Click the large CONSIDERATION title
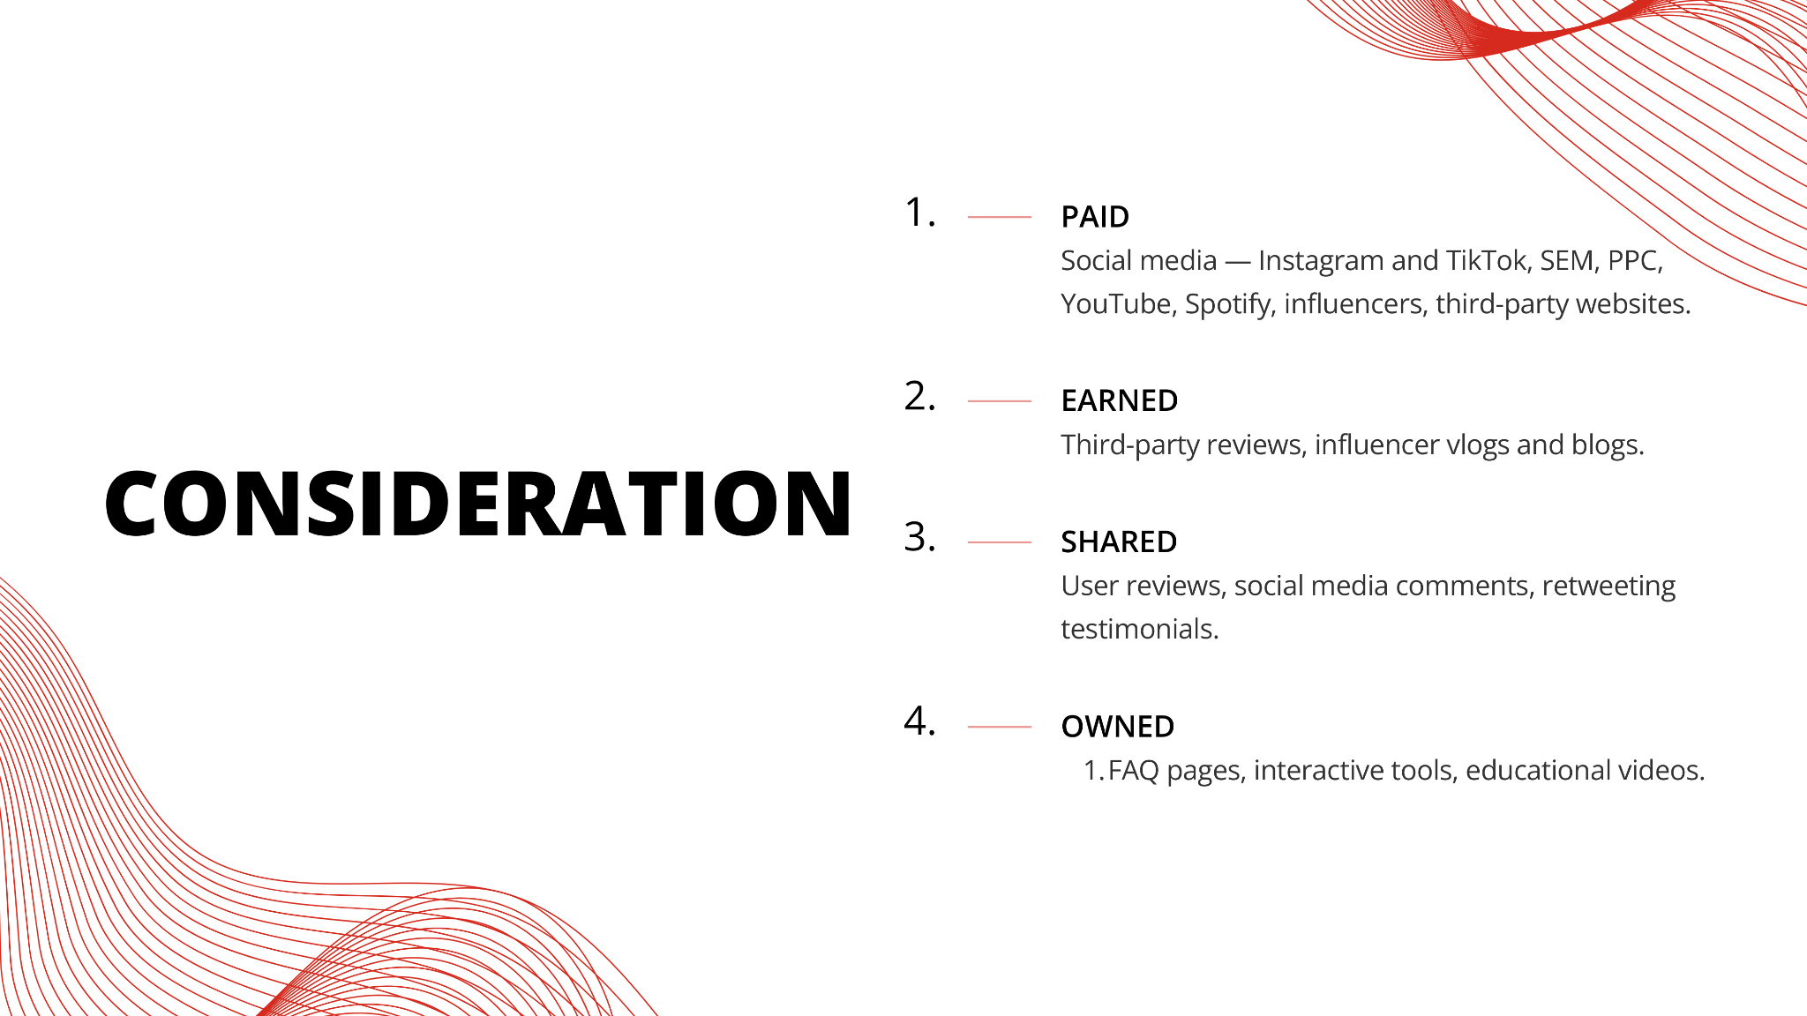tap(478, 503)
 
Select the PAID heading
tap(1095, 217)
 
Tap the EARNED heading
tap(1119, 401)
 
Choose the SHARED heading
tap(1119, 542)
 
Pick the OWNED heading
tap(1118, 727)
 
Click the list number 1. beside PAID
tap(920, 213)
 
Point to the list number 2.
tap(920, 396)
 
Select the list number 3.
tap(920, 537)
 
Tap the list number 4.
tap(920, 721)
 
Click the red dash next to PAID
tap(1000, 217)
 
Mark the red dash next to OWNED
tap(1000, 727)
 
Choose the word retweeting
tap(1608, 586)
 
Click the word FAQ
tap(1134, 771)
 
